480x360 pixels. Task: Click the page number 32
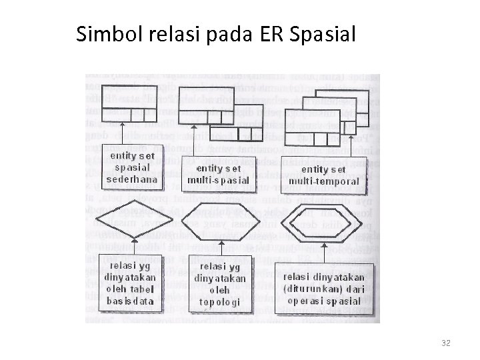coord(446,343)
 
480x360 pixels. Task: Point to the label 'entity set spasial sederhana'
coord(131,167)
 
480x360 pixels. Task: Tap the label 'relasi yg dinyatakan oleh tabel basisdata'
coord(130,283)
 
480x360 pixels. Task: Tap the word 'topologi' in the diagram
coord(218,302)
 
